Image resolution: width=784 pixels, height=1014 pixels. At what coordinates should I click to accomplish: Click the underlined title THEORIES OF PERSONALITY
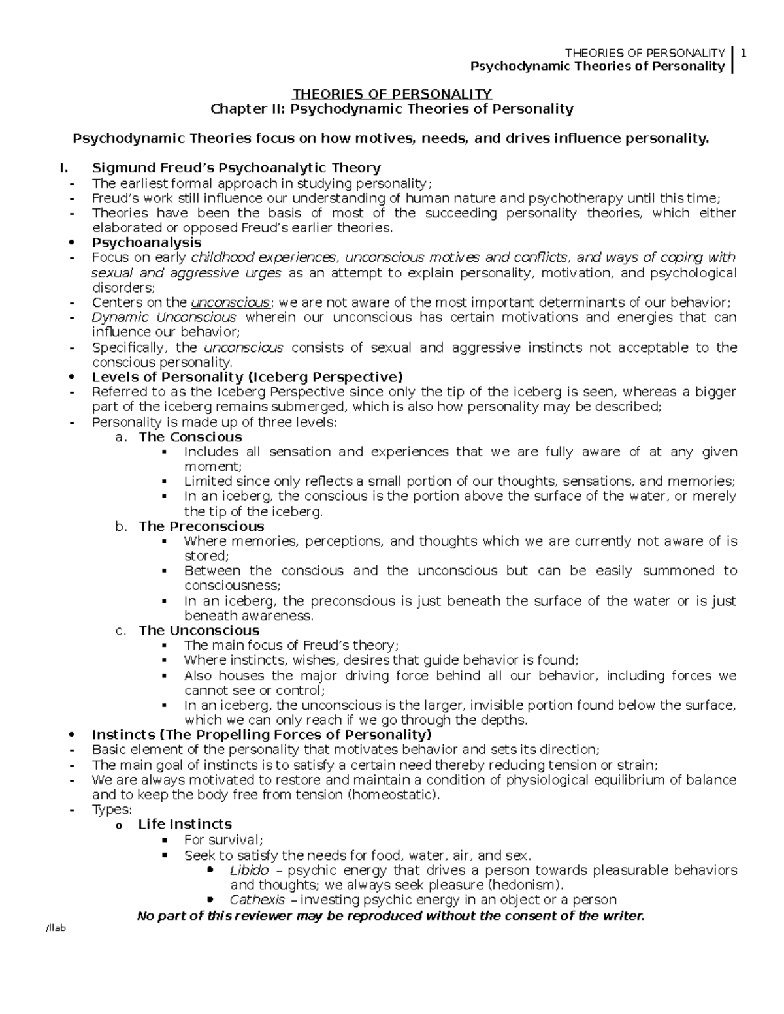click(391, 94)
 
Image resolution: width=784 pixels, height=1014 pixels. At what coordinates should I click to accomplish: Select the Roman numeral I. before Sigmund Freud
click(63, 168)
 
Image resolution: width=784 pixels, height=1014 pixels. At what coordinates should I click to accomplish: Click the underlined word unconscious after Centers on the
click(230, 302)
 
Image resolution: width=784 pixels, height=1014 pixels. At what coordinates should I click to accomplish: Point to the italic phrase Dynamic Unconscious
click(164, 317)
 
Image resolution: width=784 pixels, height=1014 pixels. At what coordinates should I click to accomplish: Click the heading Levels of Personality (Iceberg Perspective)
click(248, 377)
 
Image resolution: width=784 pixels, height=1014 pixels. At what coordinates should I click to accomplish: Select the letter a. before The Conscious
click(120, 437)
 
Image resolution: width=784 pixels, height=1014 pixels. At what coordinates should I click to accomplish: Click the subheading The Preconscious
click(201, 526)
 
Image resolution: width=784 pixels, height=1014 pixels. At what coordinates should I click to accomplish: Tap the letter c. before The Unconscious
click(120, 631)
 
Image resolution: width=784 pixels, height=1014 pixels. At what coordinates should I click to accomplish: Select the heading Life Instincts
click(185, 825)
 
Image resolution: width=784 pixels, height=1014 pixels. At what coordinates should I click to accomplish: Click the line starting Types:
click(112, 810)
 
